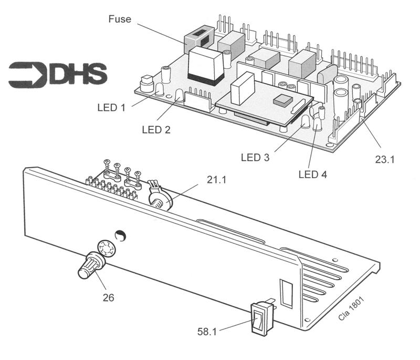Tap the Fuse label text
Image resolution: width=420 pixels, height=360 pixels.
click(x=120, y=19)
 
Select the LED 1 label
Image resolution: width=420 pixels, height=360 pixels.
click(x=111, y=108)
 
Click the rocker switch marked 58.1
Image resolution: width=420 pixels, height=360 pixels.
click(x=260, y=320)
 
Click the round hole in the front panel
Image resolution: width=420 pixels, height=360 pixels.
click(x=120, y=235)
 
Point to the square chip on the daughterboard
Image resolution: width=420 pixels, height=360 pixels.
click(x=282, y=100)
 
